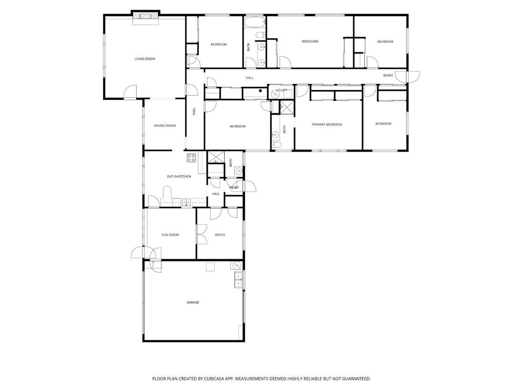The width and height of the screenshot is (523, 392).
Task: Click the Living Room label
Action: coord(144,59)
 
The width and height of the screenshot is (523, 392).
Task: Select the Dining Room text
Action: coord(164,126)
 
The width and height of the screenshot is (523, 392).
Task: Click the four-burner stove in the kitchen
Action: coord(191,157)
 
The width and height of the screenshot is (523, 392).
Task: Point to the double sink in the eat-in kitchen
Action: coord(186,202)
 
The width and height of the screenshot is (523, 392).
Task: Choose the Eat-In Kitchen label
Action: coord(179,176)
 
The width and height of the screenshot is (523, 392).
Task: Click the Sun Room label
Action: coord(170,235)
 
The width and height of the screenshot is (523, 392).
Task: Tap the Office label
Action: coord(220,235)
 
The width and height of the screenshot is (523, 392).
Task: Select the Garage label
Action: coord(193,302)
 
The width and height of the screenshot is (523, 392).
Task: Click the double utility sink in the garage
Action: coord(239,280)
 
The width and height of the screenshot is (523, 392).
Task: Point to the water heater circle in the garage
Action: coord(236,265)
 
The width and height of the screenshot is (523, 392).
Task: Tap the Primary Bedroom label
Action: coord(326,124)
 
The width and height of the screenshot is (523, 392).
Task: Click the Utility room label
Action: coord(282,90)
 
